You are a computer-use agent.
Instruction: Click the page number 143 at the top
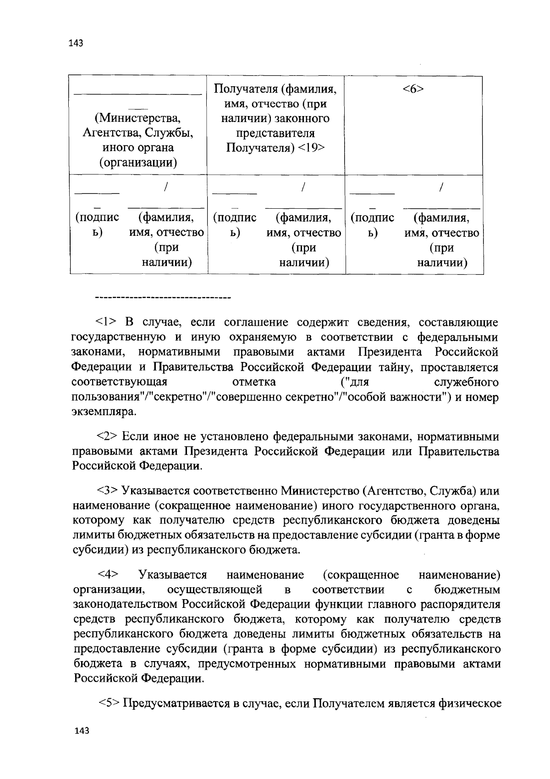tap(75, 44)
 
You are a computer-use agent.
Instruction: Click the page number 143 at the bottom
tap(82, 731)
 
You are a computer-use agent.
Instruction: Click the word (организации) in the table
tap(138, 162)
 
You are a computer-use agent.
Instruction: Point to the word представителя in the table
tap(275, 134)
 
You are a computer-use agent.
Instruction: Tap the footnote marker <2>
tap(108, 436)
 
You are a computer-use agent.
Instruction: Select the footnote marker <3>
tap(108, 491)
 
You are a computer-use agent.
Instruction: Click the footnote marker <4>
tap(108, 574)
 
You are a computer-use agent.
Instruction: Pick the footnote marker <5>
tap(110, 703)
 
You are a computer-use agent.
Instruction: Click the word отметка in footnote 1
tap(254, 382)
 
